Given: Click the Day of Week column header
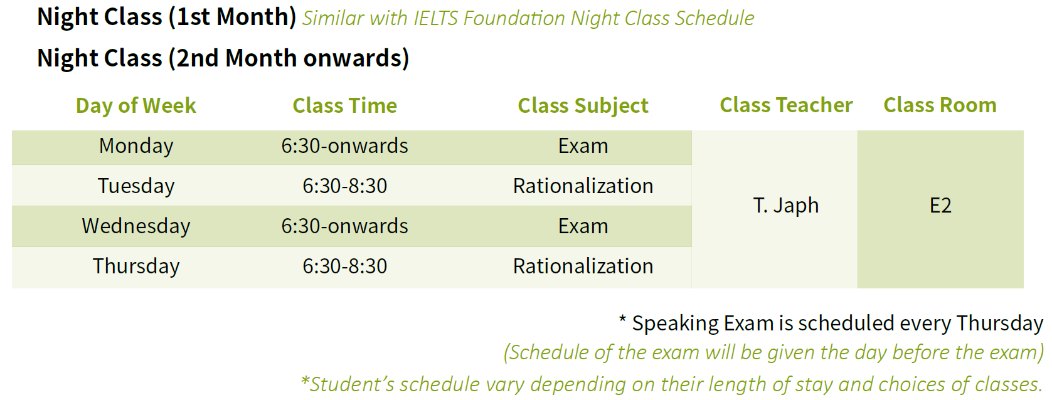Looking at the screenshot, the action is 135,105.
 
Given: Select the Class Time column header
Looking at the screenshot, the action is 345,105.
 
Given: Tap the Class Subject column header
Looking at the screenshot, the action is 583,105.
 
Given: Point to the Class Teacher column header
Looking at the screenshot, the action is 786,105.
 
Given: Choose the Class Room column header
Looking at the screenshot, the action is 940,105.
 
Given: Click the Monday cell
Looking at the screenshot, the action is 135,146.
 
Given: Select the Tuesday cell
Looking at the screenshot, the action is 135,186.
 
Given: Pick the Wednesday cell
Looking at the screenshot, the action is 135,226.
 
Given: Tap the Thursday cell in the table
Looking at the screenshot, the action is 135,266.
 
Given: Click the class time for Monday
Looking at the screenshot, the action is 345,146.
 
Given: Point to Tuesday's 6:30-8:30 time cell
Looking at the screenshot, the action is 345,186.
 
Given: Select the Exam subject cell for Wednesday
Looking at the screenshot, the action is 583,226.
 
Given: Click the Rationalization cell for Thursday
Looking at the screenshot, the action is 583,266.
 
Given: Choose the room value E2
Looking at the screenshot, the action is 940,206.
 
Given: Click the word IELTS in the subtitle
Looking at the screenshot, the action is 435,18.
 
